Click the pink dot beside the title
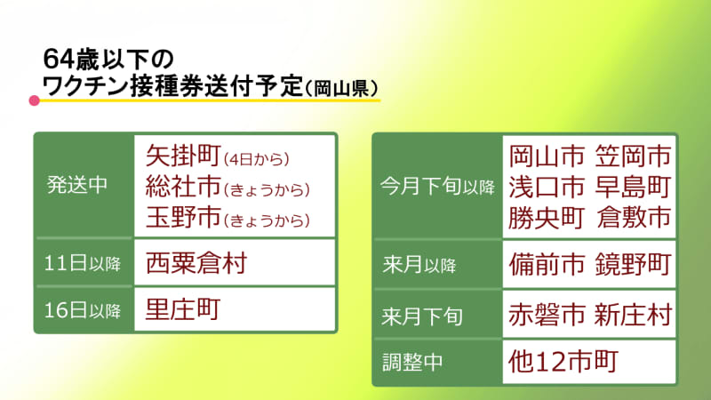click(34, 100)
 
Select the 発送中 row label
click(77, 185)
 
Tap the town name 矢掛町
click(183, 156)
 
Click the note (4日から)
click(257, 159)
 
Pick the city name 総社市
click(183, 187)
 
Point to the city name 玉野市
click(183, 217)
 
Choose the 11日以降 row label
click(83, 263)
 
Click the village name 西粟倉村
click(196, 263)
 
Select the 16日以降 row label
click(83, 310)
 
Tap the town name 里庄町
click(183, 309)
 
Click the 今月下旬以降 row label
click(437, 186)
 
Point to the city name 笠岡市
click(633, 156)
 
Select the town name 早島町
click(633, 187)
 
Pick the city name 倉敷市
click(634, 217)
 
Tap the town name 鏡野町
click(633, 264)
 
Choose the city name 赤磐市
click(547, 315)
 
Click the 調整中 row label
click(412, 363)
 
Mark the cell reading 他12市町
click(563, 362)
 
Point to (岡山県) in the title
click(342, 88)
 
